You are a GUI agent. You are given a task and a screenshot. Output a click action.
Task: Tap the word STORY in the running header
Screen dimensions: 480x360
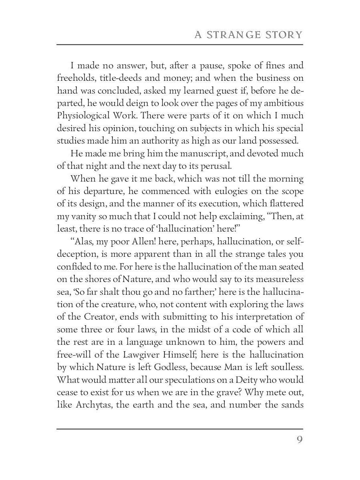pos(284,35)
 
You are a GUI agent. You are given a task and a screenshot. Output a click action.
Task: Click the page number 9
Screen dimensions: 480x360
pos(300,440)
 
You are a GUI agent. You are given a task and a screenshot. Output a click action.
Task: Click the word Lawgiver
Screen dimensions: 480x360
pos(154,355)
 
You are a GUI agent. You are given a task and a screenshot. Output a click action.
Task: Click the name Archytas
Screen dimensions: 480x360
pos(89,405)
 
